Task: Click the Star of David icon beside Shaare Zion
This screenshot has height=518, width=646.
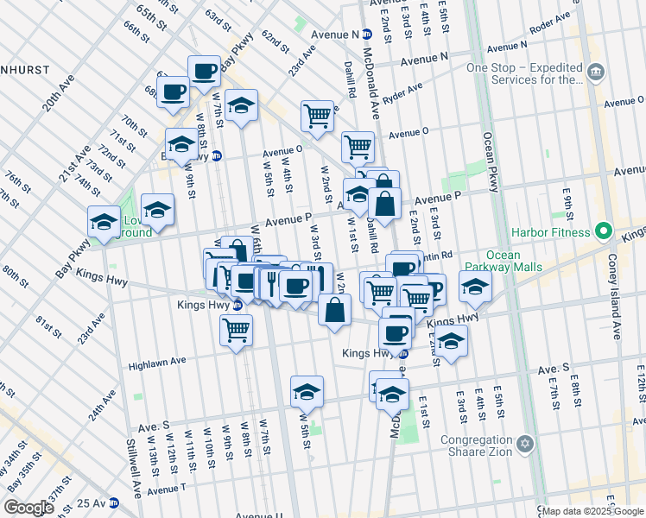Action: tap(523, 445)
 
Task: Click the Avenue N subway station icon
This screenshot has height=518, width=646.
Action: tap(367, 35)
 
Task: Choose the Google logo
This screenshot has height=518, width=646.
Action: tap(28, 508)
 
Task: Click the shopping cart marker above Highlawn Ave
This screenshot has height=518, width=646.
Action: tap(236, 329)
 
